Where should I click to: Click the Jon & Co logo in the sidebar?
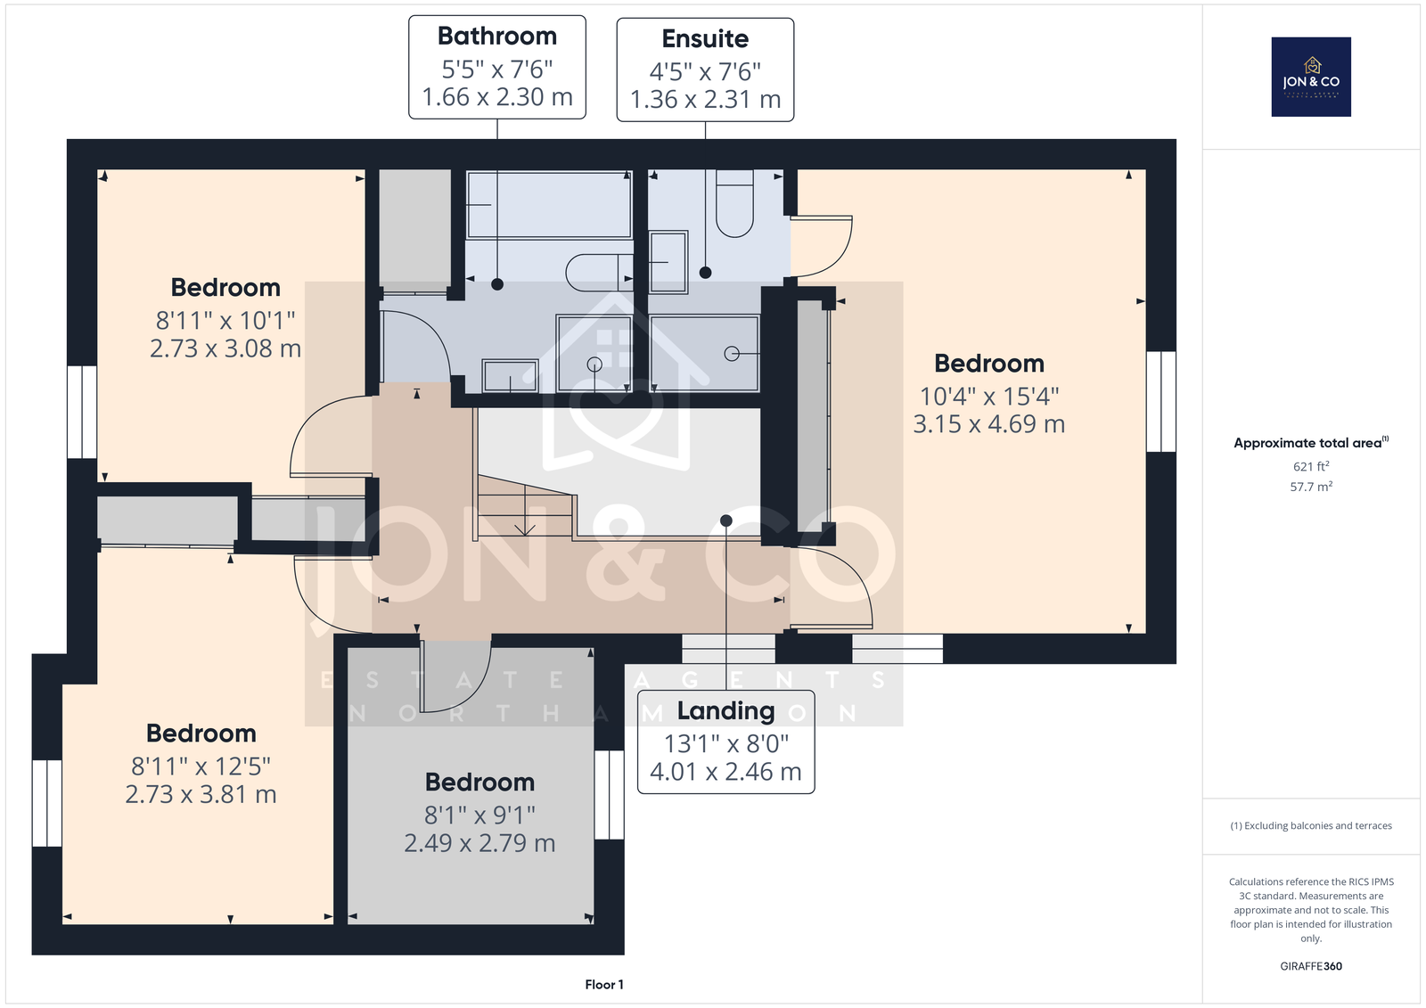point(1311,77)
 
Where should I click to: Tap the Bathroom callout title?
point(497,37)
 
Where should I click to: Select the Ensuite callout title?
point(705,39)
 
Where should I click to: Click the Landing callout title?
point(725,711)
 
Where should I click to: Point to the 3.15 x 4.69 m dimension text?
point(988,424)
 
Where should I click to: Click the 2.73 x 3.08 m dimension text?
point(225,348)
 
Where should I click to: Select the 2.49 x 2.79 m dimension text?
point(479,843)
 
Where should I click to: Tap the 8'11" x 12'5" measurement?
point(201,766)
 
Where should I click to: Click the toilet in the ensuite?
point(734,203)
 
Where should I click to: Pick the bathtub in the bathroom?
point(549,204)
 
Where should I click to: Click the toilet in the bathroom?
point(599,273)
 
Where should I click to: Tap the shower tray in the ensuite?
point(705,354)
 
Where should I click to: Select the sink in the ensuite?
point(668,262)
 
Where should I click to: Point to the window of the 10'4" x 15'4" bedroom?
point(1161,401)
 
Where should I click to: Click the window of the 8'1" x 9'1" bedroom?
point(610,794)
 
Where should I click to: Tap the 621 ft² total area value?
point(1311,466)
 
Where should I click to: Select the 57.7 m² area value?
point(1311,487)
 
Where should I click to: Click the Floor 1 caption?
point(604,985)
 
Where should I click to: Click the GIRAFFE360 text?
point(1311,966)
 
